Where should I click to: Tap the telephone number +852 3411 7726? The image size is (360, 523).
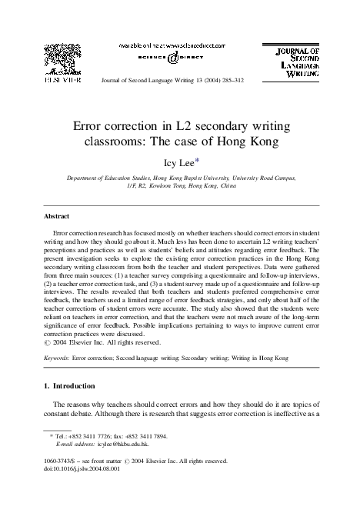coord(99,435)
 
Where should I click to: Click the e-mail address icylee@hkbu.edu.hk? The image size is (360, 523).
coord(122,444)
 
